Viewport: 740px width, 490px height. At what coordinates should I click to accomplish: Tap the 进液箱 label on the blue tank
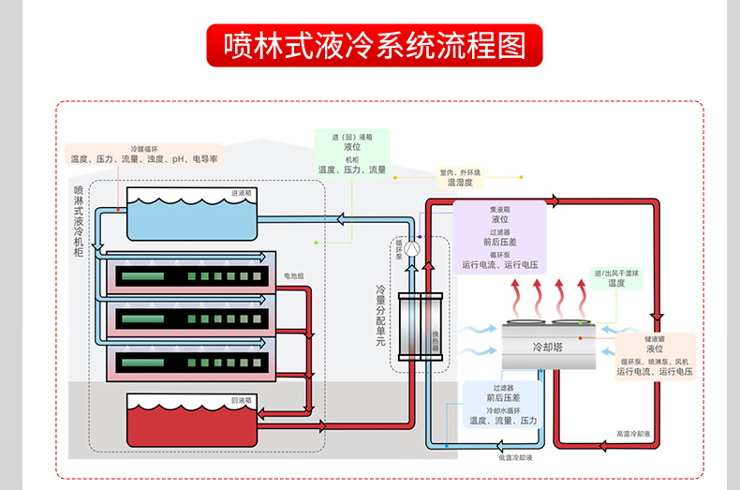pyautogui.click(x=241, y=193)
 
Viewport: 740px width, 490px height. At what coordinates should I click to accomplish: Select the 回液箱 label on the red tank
pyautogui.click(x=241, y=400)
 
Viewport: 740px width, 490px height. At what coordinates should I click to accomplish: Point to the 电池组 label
pyautogui.click(x=294, y=276)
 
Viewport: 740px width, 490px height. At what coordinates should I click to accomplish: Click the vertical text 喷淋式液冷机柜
pyautogui.click(x=79, y=220)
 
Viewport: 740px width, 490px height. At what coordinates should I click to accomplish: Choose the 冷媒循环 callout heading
pyautogui.click(x=144, y=148)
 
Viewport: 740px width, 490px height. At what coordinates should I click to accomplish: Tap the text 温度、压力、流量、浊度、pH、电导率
pyautogui.click(x=144, y=159)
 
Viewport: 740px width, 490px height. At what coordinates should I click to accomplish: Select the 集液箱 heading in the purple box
pyautogui.click(x=499, y=209)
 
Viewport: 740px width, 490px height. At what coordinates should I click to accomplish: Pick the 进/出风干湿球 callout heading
pyautogui.click(x=616, y=273)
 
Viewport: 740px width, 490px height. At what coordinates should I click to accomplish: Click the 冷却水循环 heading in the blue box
pyautogui.click(x=504, y=410)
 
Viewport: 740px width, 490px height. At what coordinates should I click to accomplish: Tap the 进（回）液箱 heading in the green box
pyautogui.click(x=352, y=137)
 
